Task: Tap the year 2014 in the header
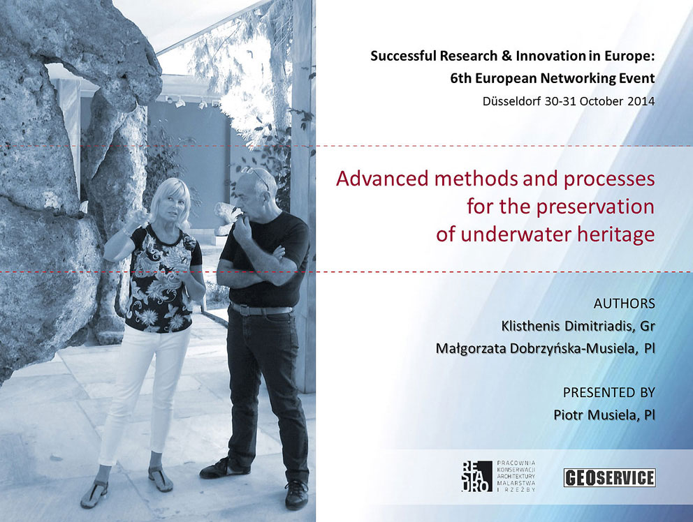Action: [x=640, y=101]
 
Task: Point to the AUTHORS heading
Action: [x=624, y=304]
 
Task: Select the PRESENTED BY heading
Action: [x=608, y=393]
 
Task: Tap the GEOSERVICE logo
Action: [x=609, y=478]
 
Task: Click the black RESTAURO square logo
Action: [x=476, y=476]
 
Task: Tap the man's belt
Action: [x=261, y=309]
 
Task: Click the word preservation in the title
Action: [x=595, y=207]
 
